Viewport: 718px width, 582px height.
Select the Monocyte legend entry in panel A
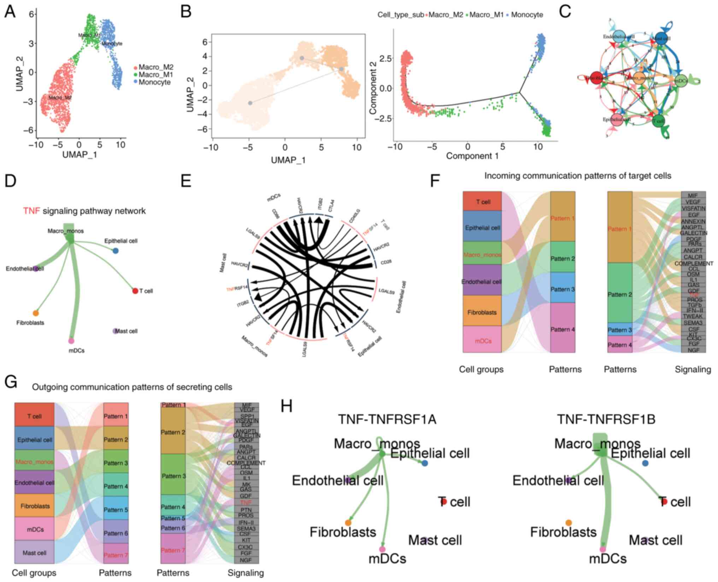tap(154, 82)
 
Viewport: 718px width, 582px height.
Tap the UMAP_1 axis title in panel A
tap(80, 155)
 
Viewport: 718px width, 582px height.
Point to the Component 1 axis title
tap(472, 156)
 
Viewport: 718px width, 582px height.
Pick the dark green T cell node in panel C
tap(658, 121)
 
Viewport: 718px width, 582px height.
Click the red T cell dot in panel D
tap(135, 291)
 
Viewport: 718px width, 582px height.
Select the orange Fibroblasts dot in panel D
tap(36, 313)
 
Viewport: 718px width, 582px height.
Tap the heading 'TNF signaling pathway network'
tap(84, 211)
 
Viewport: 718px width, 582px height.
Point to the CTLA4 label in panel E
tap(331, 206)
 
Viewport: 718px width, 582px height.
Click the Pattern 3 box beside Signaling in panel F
tap(619, 330)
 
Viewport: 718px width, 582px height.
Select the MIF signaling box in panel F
tap(693, 195)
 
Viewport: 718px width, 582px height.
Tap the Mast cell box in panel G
tap(34, 553)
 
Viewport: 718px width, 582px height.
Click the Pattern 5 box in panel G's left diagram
tap(116, 510)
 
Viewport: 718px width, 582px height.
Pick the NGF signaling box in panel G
tap(246, 560)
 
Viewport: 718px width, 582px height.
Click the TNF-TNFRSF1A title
tap(387, 420)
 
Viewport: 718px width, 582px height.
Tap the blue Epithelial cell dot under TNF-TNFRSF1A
tap(425, 463)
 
